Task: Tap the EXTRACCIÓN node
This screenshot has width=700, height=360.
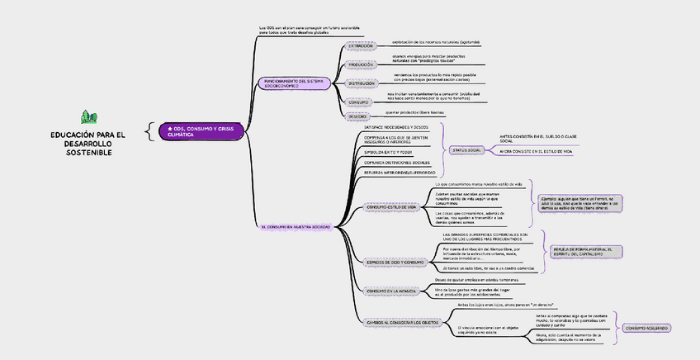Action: click(x=360, y=46)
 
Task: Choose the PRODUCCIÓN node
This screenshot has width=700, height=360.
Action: click(x=361, y=64)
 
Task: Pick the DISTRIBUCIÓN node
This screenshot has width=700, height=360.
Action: click(x=361, y=83)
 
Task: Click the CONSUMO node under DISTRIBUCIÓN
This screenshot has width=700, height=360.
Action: click(x=359, y=102)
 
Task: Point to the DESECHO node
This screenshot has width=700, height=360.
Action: click(x=357, y=116)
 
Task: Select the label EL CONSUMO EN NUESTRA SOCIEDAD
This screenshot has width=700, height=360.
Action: click(x=295, y=226)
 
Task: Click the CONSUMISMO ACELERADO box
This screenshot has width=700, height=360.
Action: click(x=646, y=328)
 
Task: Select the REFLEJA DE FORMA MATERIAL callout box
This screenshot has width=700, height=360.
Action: click(x=587, y=251)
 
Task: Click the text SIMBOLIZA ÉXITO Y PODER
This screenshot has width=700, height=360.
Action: click(x=381, y=153)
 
